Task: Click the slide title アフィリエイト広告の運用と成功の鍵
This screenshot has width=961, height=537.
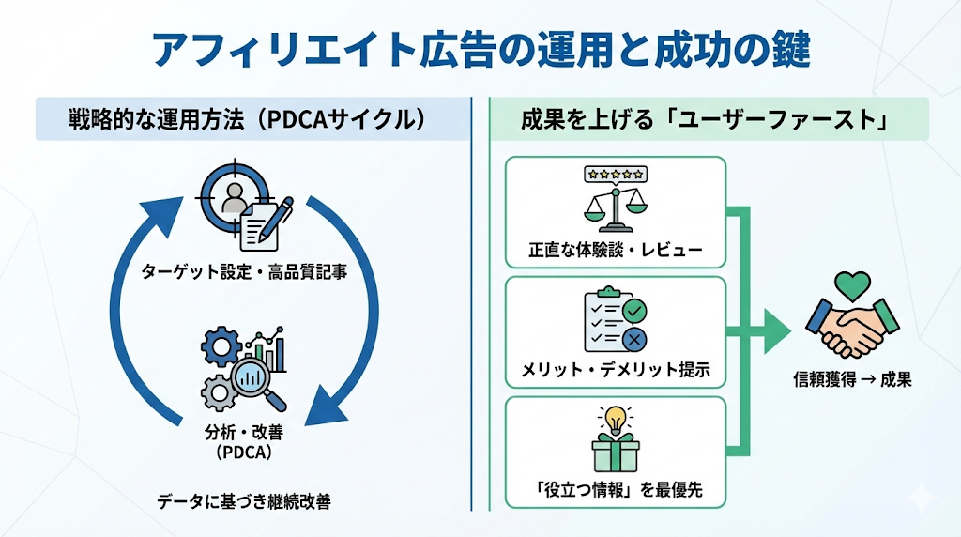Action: [480, 49]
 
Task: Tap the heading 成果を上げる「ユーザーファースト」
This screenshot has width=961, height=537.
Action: [705, 119]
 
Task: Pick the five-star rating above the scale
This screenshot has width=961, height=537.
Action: [615, 174]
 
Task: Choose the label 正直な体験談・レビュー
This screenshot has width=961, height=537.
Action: [616, 252]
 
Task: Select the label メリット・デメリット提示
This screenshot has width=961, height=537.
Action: [616, 371]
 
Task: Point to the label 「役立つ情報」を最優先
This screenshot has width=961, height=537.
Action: [616, 490]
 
